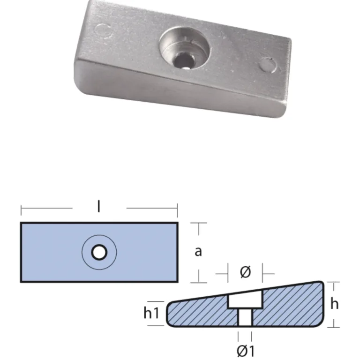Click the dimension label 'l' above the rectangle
coord(99,206)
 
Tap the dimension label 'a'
coord(198,251)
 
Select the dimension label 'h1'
coord(151,313)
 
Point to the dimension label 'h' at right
coord(334,304)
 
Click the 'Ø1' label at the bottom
coord(246,351)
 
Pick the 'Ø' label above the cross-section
coord(245,272)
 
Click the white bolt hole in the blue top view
coord(99,252)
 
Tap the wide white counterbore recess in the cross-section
coord(245,299)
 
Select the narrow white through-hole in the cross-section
coord(245,317)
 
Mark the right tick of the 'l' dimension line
coord(177,210)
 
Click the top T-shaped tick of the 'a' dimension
coord(199,229)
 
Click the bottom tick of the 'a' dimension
coord(199,277)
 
